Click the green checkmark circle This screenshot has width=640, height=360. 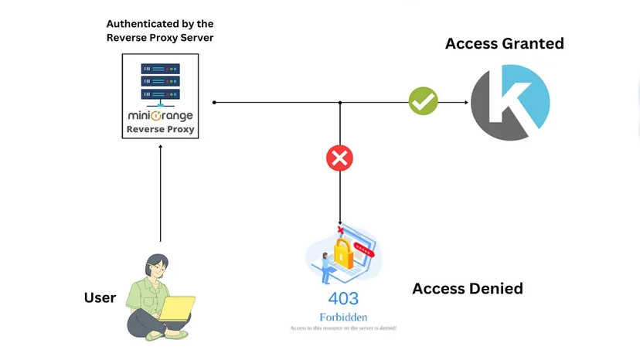[423, 101]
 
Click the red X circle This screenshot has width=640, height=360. [339, 158]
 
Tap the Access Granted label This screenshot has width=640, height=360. [504, 43]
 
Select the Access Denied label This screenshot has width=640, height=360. [468, 289]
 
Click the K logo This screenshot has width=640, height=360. [510, 103]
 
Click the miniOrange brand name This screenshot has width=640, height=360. [160, 116]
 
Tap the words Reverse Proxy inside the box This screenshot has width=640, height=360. [160, 129]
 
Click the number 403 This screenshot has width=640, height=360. [343, 298]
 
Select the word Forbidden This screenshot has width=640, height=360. [343, 317]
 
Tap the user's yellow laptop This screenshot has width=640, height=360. [176, 308]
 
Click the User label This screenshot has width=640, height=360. [100, 298]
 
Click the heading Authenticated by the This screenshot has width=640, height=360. [160, 24]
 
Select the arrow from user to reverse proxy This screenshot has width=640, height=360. [160, 193]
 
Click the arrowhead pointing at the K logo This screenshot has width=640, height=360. [465, 102]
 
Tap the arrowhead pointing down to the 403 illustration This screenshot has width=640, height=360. [340, 222]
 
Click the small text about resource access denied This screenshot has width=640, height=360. [343, 328]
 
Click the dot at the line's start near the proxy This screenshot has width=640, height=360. [214, 102]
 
